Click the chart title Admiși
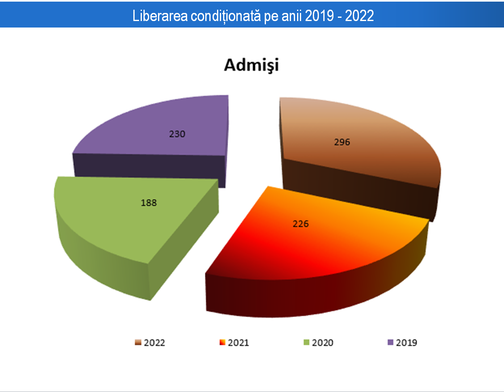tap(251, 65)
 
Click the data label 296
tap(342, 142)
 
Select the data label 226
tap(300, 224)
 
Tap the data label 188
tap(149, 203)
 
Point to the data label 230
tap(177, 134)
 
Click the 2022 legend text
tap(154, 343)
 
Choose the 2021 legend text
tap(238, 343)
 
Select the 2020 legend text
tap(323, 343)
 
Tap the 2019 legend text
tap(407, 343)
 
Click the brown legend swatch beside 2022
tap(138, 343)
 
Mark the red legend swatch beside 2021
tap(222, 343)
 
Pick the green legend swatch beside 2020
tap(306, 343)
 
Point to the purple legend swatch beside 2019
tap(390, 343)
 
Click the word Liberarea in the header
tap(160, 16)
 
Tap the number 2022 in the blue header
tap(359, 16)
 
